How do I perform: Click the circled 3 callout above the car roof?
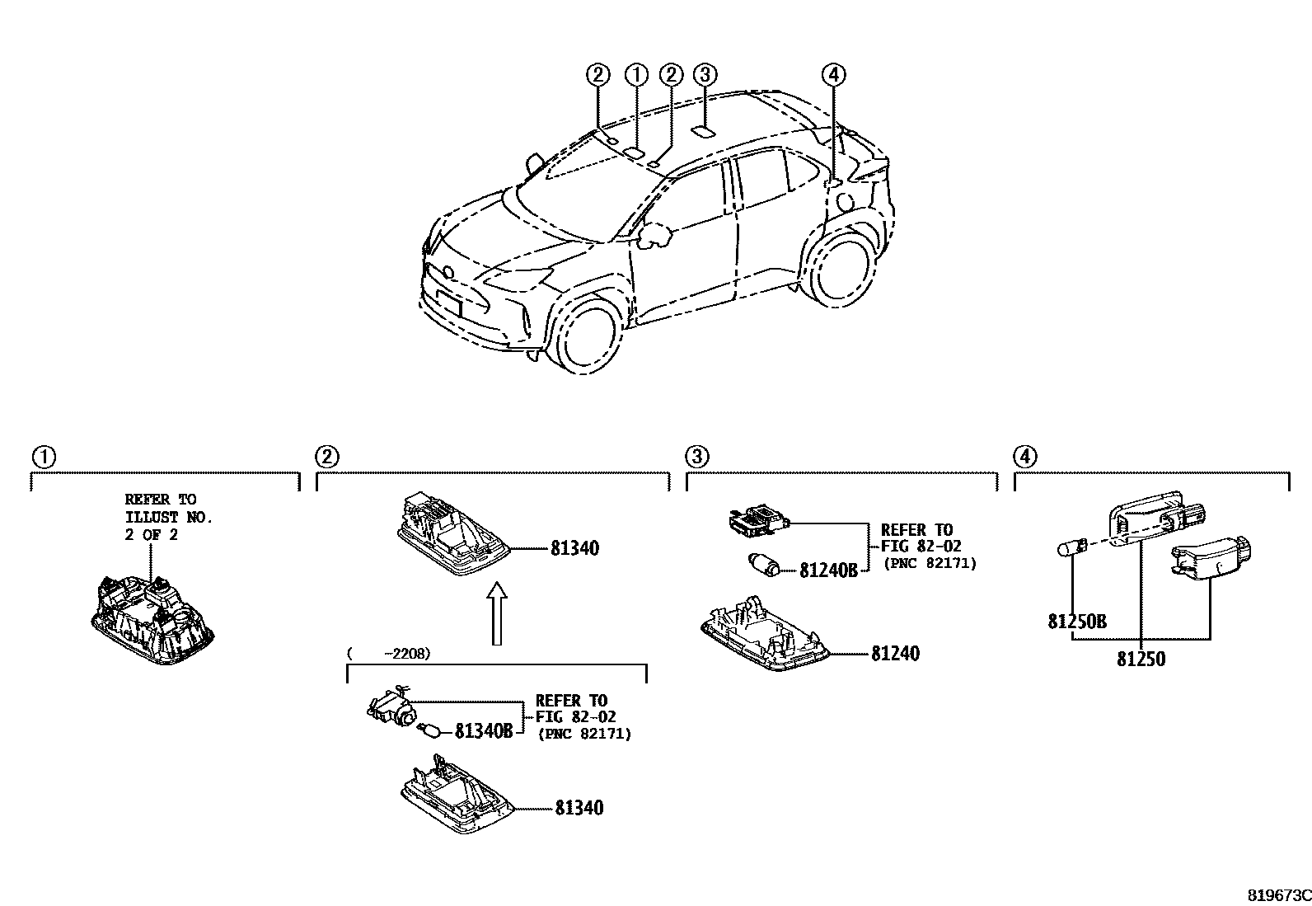point(704,75)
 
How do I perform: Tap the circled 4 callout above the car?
point(833,75)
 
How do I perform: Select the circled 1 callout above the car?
point(636,75)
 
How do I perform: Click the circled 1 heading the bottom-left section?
point(43,457)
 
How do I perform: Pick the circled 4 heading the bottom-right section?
point(1024,457)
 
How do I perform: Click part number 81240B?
point(828,570)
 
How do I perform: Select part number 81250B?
point(1077,622)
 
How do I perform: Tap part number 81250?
point(1141,660)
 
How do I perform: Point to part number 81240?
point(895,654)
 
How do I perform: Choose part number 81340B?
point(484,730)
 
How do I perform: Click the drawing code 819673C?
point(1277,895)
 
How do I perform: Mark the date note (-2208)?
point(389,654)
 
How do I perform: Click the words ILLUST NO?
point(169,517)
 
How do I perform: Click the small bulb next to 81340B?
point(431,730)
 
